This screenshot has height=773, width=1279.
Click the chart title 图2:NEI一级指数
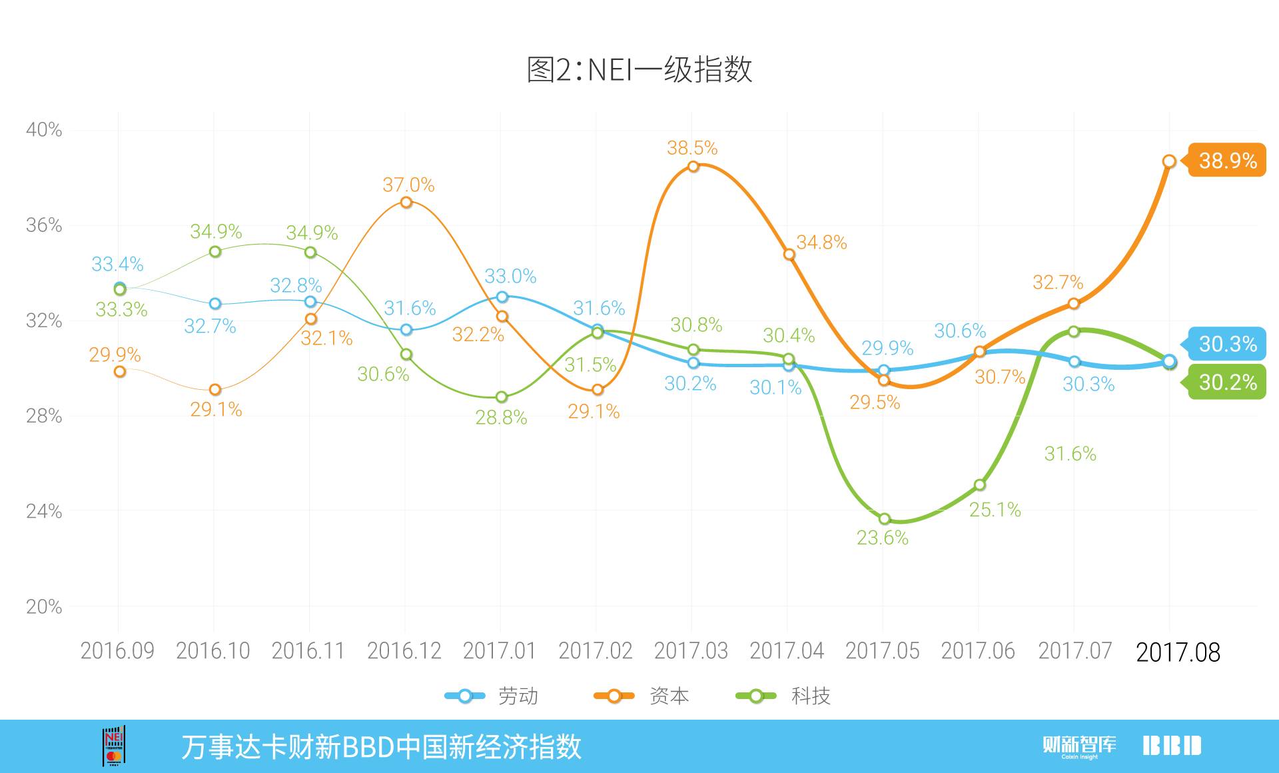[x=639, y=69]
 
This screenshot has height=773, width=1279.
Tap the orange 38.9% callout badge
[x=1227, y=161]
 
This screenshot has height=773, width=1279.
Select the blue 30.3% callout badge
[x=1227, y=344]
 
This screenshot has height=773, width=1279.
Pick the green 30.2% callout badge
[x=1227, y=383]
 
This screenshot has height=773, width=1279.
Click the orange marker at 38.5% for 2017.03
[x=693, y=166]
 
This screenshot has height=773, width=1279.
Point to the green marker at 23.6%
[x=884, y=518]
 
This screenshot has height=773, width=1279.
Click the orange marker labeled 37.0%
[x=406, y=202]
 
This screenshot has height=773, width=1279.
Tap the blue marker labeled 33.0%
[x=502, y=297]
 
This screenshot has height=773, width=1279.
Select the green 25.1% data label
[x=995, y=510]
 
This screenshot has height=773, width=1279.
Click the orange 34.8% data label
[x=821, y=243]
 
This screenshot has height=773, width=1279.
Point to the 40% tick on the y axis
[x=44, y=129]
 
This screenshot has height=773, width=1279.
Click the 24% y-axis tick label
[x=44, y=511]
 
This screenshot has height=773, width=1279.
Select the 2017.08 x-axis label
[x=1177, y=652]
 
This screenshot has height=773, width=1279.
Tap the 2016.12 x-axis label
[x=404, y=651]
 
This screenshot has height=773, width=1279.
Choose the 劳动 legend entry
[x=493, y=696]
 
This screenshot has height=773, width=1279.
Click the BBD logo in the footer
[x=1172, y=746]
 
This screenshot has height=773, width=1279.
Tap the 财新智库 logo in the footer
[x=1079, y=746]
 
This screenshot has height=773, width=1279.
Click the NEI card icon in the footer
[x=114, y=746]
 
